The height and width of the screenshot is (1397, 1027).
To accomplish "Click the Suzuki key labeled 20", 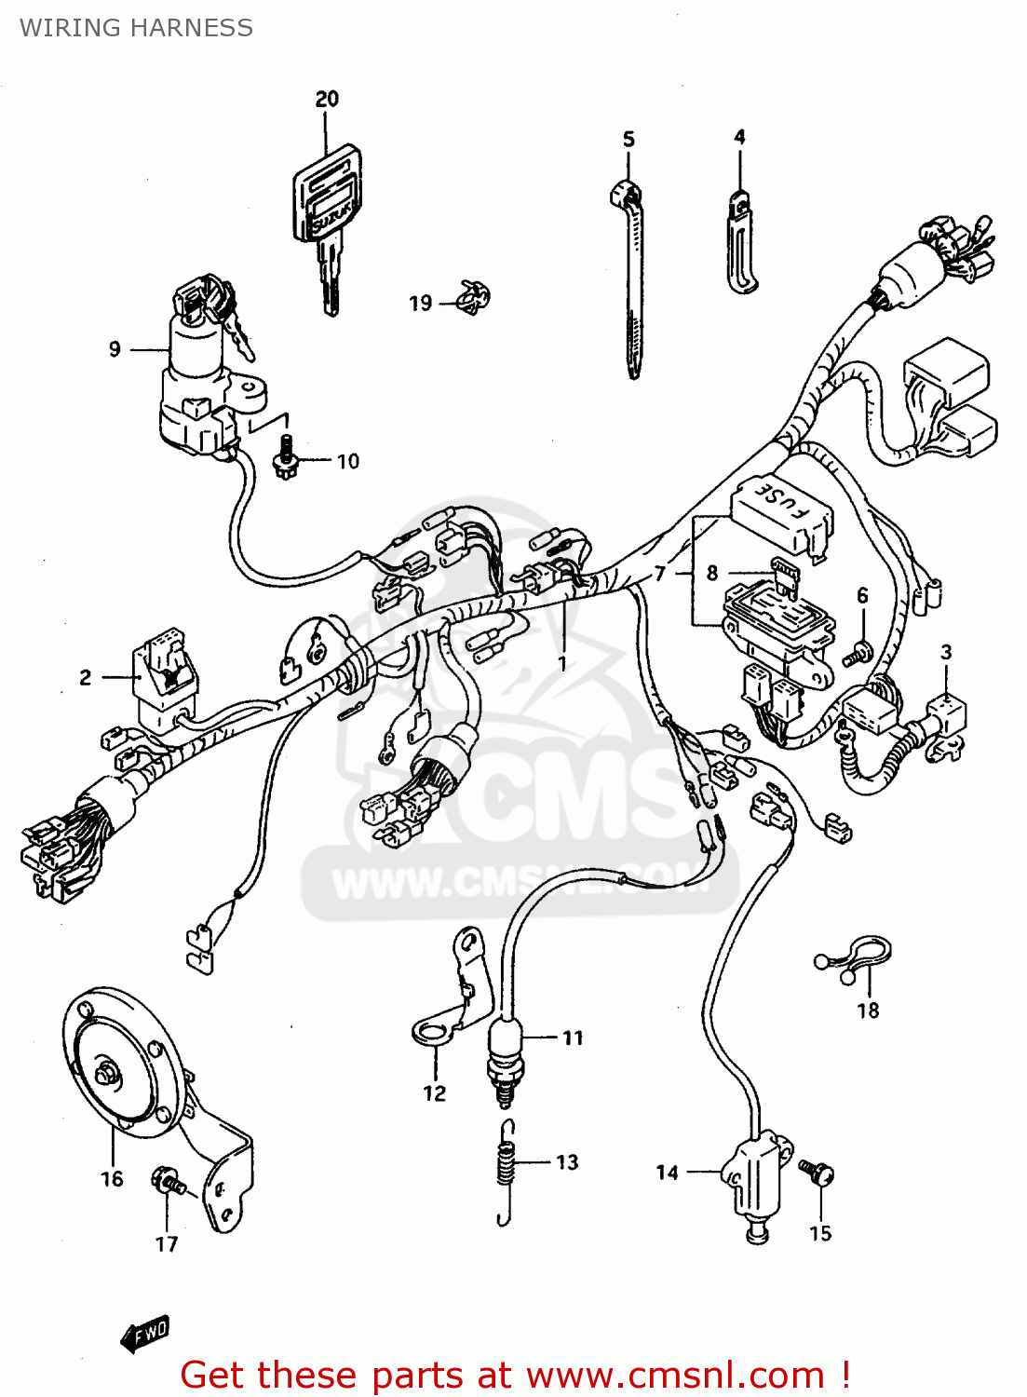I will (326, 214).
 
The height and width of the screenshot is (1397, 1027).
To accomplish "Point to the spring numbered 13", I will (506, 1169).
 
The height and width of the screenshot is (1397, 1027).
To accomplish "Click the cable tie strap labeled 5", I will (631, 279).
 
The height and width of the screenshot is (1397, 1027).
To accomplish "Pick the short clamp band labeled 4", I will (740, 242).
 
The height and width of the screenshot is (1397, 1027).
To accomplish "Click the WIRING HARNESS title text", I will (136, 28).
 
